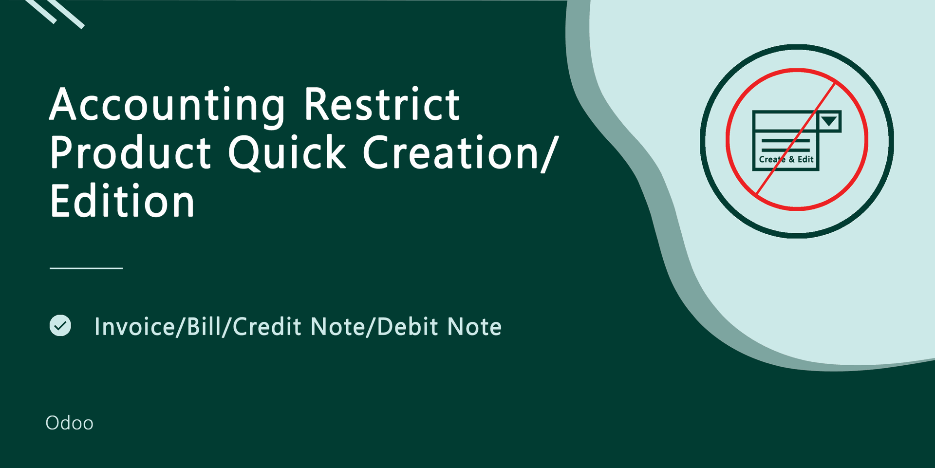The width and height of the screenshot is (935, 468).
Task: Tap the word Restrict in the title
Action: pyautogui.click(x=382, y=104)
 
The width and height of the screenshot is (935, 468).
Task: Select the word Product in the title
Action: pyautogui.click(x=131, y=152)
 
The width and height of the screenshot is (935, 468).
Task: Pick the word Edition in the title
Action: pyautogui.click(x=122, y=200)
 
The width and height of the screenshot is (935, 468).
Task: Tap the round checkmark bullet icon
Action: pyautogui.click(x=60, y=325)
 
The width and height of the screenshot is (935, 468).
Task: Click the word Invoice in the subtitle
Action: pyautogui.click(x=134, y=326)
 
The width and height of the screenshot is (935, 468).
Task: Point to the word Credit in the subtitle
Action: pyautogui.click(x=267, y=326)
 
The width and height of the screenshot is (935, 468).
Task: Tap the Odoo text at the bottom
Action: pyautogui.click(x=69, y=423)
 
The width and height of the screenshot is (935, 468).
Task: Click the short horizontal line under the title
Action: pyautogui.click(x=86, y=268)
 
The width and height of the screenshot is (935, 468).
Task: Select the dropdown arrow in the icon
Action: pyautogui.click(x=829, y=121)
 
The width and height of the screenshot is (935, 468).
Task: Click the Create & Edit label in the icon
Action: pyautogui.click(x=786, y=159)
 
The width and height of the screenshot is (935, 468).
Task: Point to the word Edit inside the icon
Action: pyautogui.click(x=805, y=159)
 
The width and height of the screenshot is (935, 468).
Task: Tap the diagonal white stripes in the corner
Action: pyautogui.click(x=55, y=13)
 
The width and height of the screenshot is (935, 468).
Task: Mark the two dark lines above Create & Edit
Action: pyautogui.click(x=785, y=145)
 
